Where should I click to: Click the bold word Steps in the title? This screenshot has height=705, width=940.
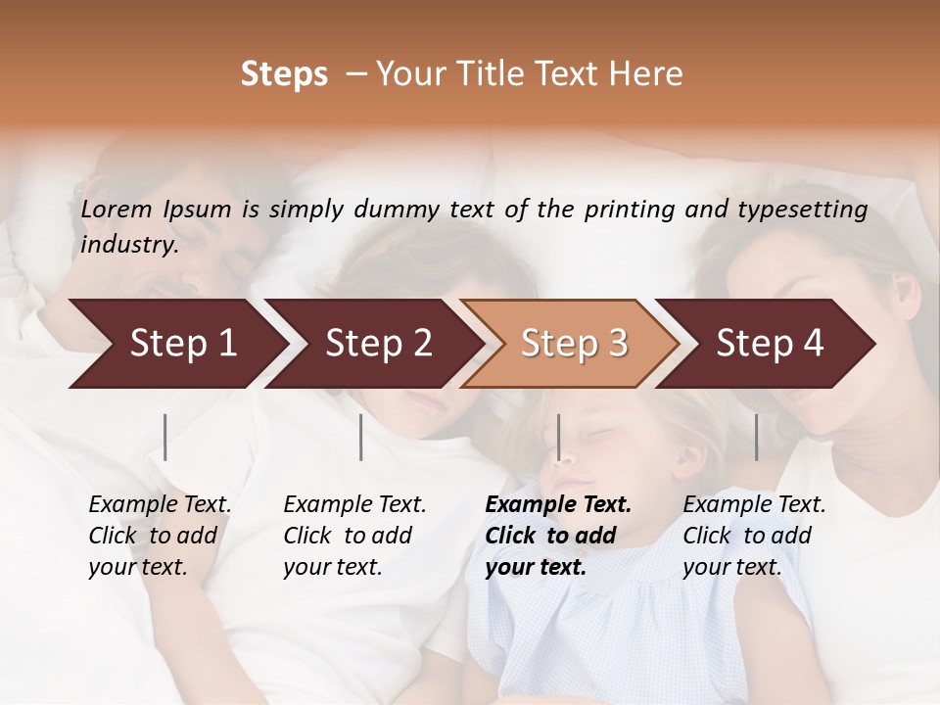pyautogui.click(x=284, y=73)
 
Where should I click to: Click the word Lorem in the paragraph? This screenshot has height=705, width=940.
pyautogui.click(x=116, y=210)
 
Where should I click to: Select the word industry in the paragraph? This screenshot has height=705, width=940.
pyautogui.click(x=129, y=244)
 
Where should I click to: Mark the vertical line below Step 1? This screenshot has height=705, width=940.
pyautogui.click(x=165, y=437)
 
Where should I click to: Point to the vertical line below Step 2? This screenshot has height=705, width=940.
pyautogui.click(x=361, y=437)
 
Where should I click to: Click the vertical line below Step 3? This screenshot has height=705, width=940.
pyautogui.click(x=558, y=437)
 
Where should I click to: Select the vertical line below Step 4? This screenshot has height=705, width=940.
pyautogui.click(x=756, y=437)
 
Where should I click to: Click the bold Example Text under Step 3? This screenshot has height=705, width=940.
pyautogui.click(x=558, y=505)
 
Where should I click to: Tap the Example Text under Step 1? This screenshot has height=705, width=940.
pyautogui.click(x=160, y=505)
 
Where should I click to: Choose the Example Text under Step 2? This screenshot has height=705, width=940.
pyautogui.click(x=354, y=505)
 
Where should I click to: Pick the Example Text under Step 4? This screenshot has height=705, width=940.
pyautogui.click(x=754, y=505)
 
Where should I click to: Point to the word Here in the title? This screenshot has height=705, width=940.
pyautogui.click(x=647, y=73)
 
